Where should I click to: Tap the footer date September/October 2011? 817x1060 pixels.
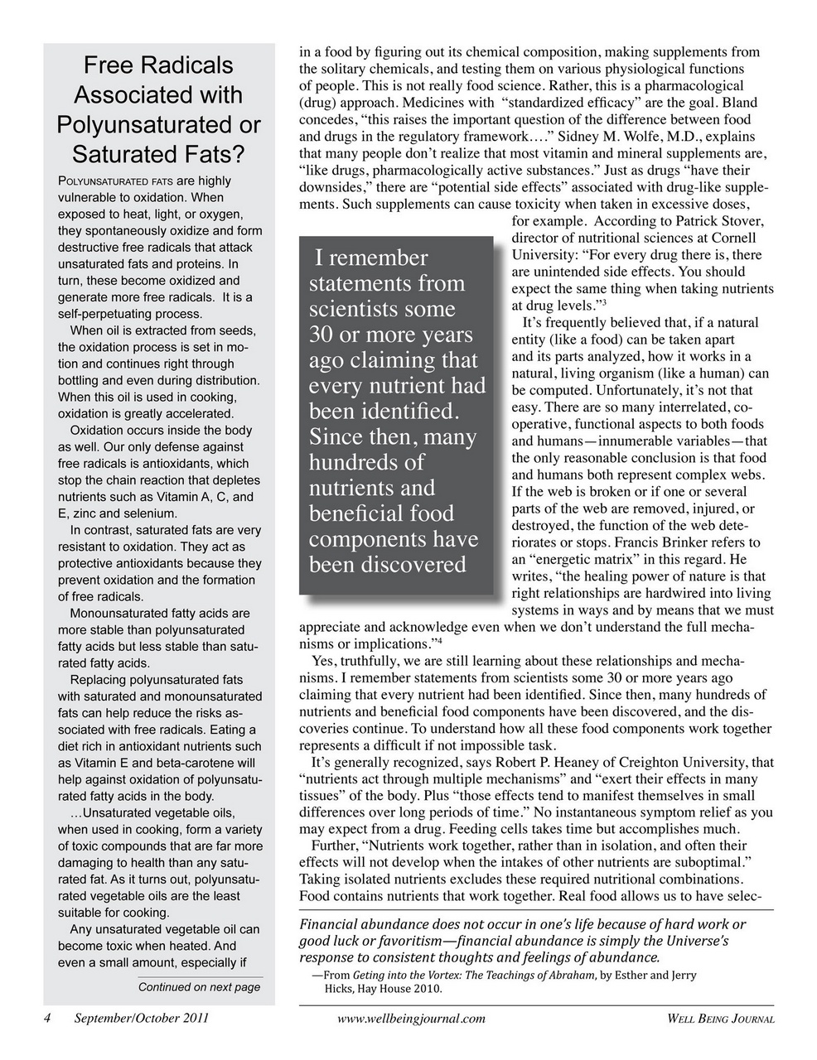pos(141,1019)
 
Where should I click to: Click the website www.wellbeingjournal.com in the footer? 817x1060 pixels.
pos(412,1019)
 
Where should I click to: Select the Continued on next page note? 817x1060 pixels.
pos(199,987)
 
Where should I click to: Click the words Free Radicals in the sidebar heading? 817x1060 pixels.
pos(158,65)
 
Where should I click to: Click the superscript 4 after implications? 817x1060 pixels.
pos(439,640)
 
